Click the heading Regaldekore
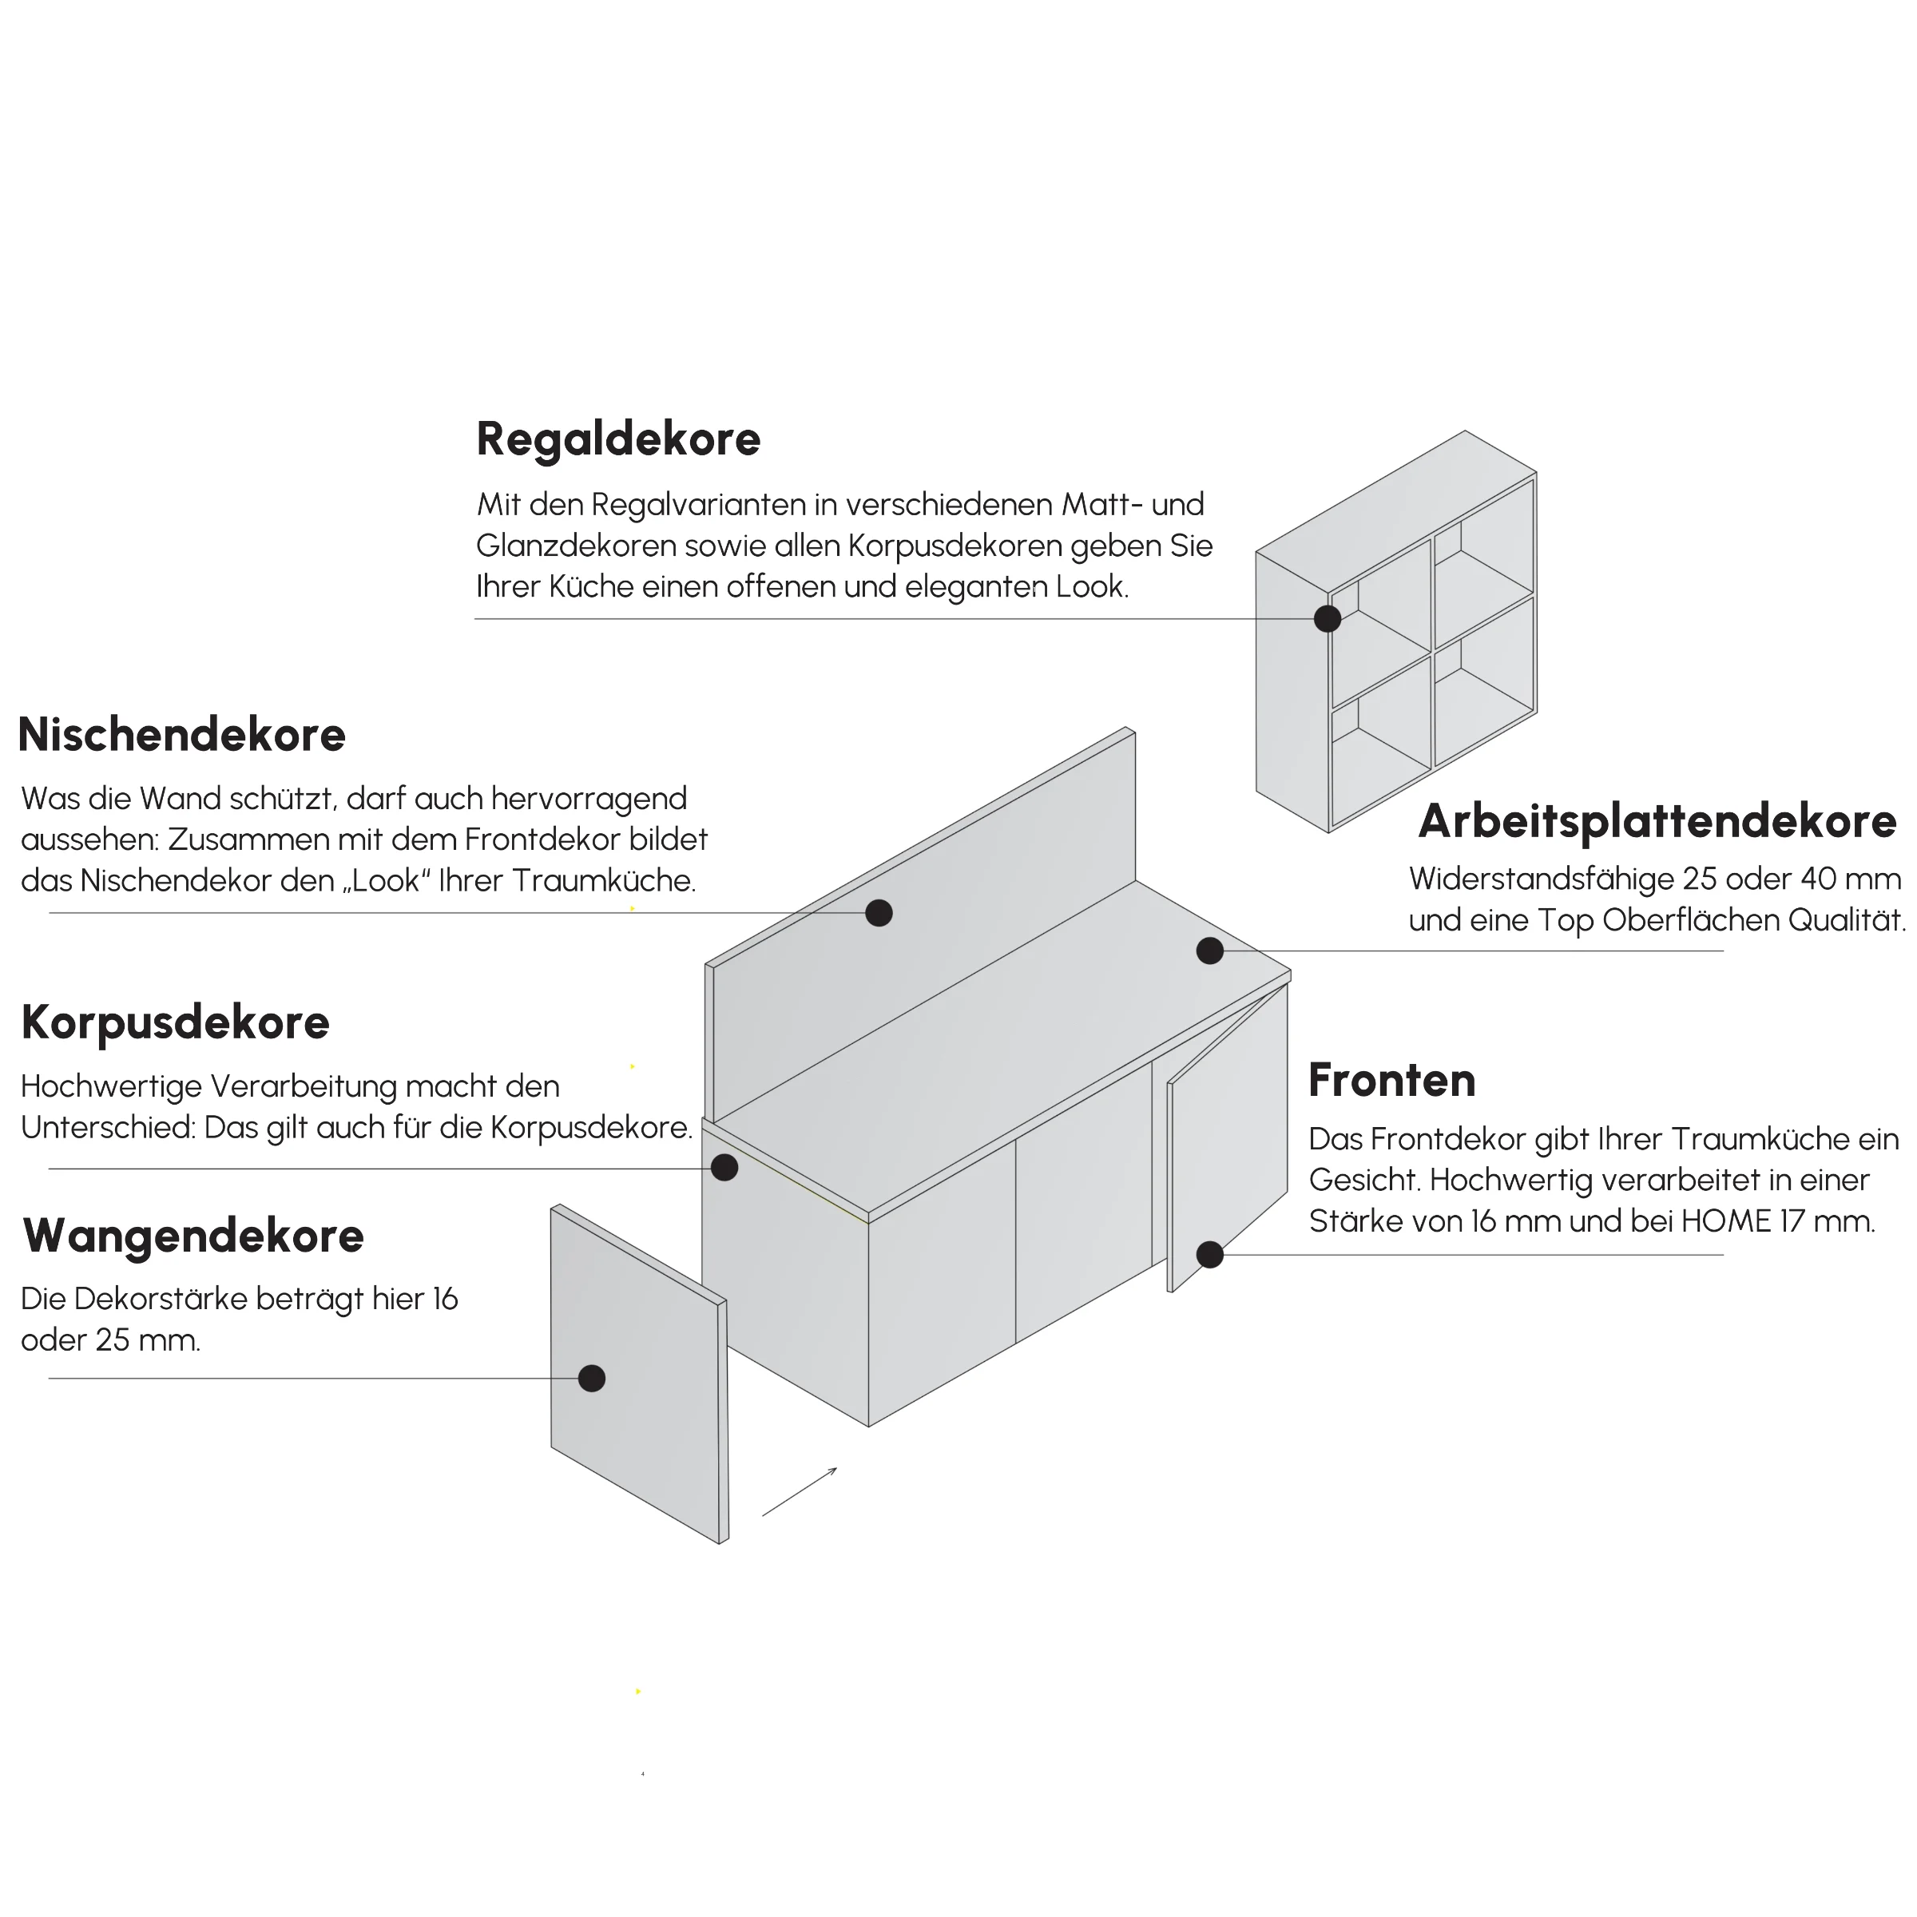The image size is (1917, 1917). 618,439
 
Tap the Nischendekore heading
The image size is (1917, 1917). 181,735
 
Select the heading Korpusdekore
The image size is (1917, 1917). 176,1023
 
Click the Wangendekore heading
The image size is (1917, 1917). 193,1236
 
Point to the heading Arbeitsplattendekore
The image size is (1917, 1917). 1657,822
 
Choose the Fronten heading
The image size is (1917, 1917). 1392,1081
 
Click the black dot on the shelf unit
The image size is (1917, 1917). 1328,619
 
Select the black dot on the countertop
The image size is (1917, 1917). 1209,951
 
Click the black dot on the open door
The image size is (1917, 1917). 1209,1255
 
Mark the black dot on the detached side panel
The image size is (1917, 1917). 591,1378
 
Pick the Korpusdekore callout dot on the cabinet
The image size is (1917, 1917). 724,1168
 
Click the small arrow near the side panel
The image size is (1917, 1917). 800,1491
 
